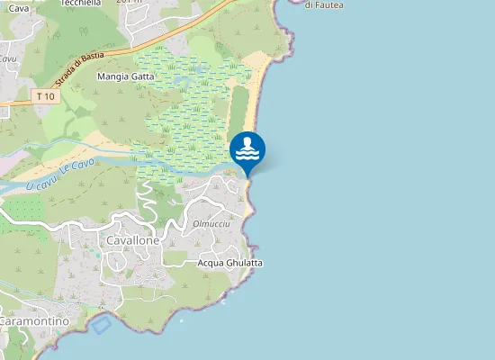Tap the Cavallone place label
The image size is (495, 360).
point(133,241)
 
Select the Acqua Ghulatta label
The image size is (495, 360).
point(230,263)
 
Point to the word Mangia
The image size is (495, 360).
point(113,77)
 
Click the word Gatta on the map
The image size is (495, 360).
point(143,77)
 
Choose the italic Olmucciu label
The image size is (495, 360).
point(211,223)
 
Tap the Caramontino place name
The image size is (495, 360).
point(34,321)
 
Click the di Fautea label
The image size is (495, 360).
point(324,5)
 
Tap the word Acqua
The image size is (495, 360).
point(212,263)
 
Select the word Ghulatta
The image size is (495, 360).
point(246,263)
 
